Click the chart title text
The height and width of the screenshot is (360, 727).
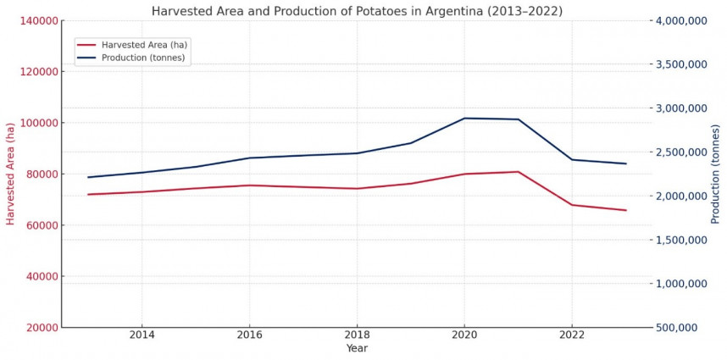(356, 11)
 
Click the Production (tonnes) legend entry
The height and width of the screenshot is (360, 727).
(142, 58)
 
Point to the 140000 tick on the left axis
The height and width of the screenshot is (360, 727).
(36, 20)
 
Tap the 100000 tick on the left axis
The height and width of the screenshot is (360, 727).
(36, 123)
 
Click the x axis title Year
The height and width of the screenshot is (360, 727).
(357, 348)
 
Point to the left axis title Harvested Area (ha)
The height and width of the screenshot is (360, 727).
(11, 173)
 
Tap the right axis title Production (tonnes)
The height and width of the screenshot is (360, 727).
(716, 173)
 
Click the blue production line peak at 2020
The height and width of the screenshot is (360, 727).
(464, 118)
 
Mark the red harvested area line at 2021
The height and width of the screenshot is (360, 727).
(518, 172)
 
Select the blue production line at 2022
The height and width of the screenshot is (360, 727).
(572, 159)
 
